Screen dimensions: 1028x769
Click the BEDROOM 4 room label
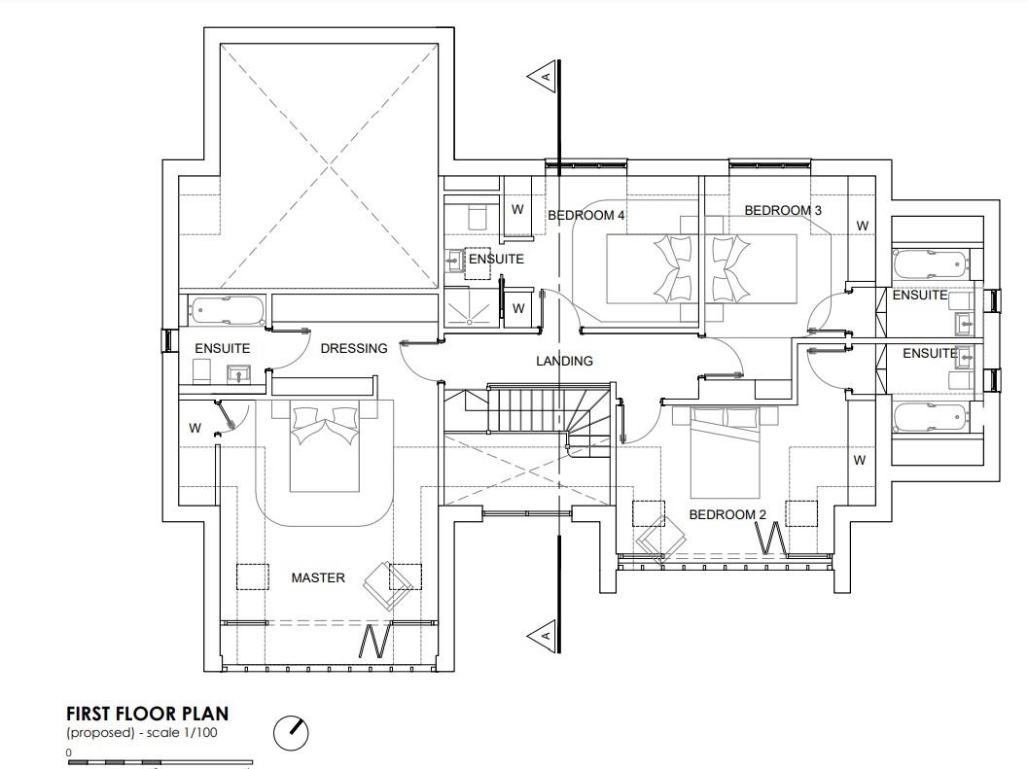tap(586, 215)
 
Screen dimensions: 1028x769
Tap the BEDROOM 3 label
tap(783, 210)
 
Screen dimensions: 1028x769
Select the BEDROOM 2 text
tap(727, 514)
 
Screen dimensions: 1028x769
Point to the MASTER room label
tap(318, 577)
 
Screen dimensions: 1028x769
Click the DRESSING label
tap(354, 348)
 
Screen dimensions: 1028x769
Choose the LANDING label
tap(564, 361)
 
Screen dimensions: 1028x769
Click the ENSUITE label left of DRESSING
tap(223, 348)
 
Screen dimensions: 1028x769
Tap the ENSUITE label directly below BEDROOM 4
tap(496, 259)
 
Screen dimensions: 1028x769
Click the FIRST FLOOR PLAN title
tap(148, 714)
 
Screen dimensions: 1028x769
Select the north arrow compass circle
tap(291, 732)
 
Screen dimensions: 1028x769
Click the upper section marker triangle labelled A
tap(542, 77)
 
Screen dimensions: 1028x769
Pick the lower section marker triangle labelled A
tap(542, 635)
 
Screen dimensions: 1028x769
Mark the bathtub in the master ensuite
tap(228, 311)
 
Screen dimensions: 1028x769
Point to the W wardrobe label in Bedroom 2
tap(860, 460)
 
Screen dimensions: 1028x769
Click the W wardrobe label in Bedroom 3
tap(862, 226)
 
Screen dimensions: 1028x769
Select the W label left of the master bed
tap(195, 428)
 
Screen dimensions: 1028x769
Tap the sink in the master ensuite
tap(238, 374)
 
